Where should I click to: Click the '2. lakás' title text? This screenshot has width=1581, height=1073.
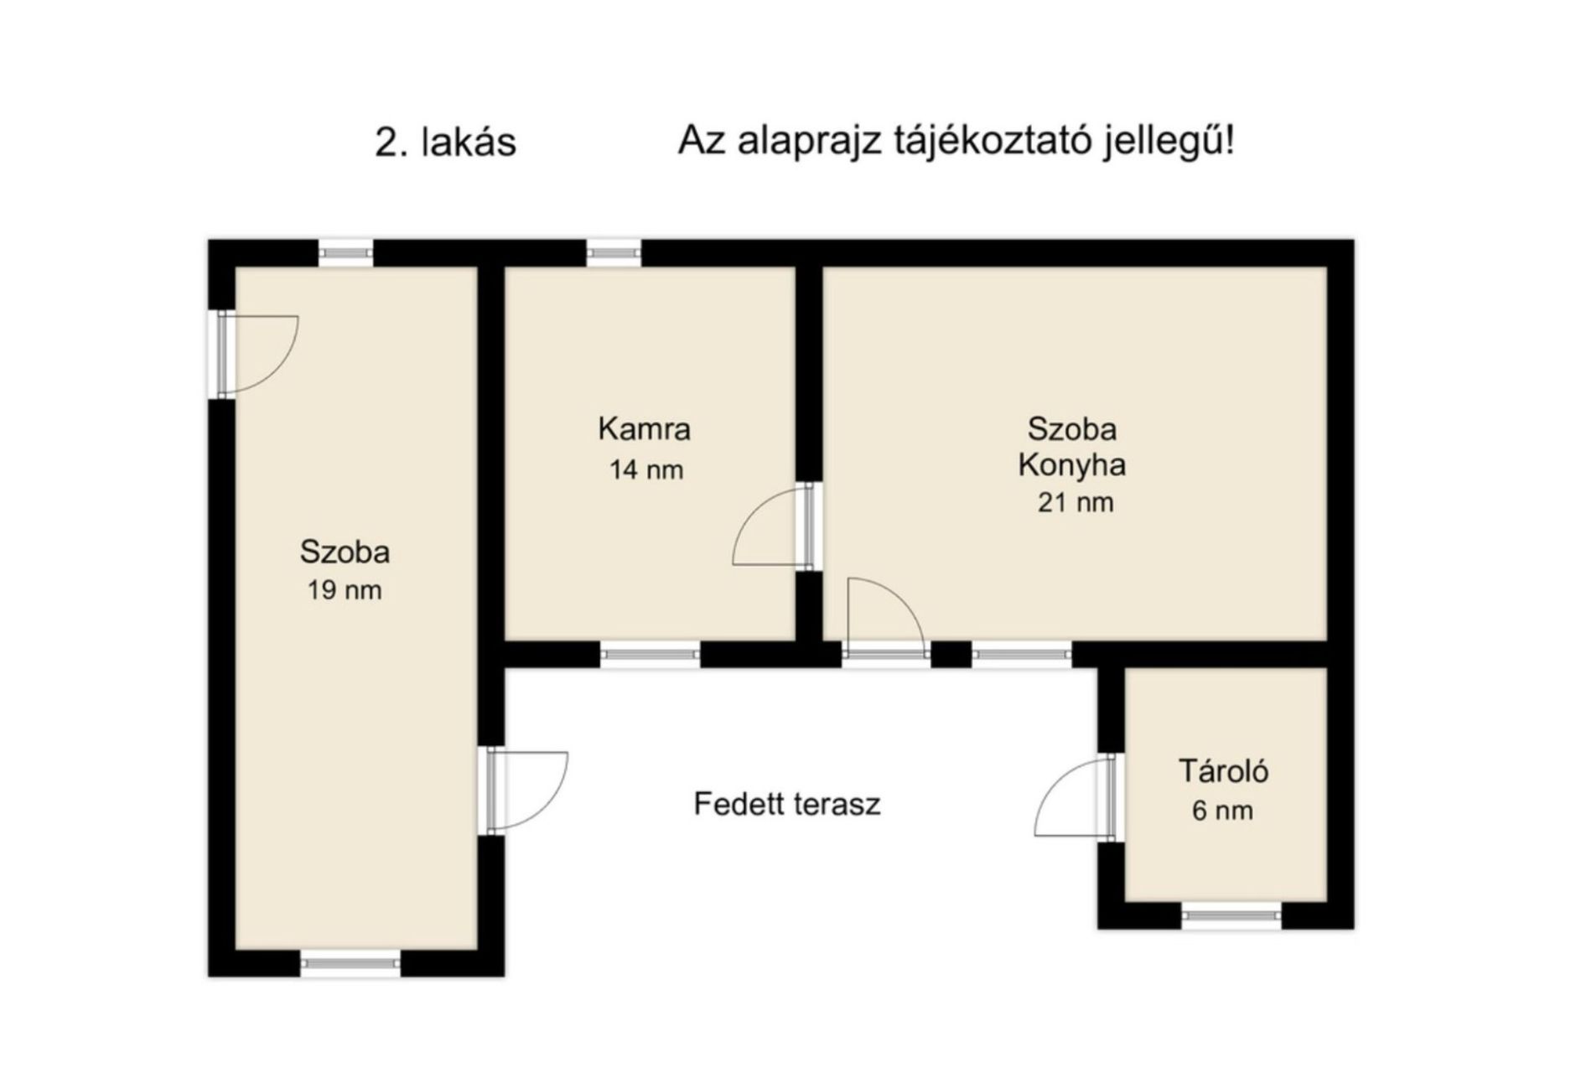pos(445,143)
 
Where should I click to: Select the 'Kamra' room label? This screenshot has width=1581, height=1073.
pos(644,429)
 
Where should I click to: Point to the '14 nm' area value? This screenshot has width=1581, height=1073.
pos(645,469)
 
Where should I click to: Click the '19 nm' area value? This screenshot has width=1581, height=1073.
pos(345,590)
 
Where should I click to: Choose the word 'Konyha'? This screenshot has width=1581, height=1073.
pos(1071,466)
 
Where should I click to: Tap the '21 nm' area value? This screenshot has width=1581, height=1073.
pos(1076,503)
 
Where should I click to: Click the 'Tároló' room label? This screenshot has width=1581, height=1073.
pos(1224,770)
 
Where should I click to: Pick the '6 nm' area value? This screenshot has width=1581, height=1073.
pos(1223,811)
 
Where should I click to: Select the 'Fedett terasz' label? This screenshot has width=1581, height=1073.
pos(787,804)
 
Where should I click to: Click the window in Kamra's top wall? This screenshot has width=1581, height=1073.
pos(614,252)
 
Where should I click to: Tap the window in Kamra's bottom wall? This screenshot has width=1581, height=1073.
pos(651,655)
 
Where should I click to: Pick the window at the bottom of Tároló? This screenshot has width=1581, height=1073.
pos(1231,915)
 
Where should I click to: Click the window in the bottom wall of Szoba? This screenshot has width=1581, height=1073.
pos(350,963)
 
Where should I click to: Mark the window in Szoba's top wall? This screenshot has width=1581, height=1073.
pos(345,252)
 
